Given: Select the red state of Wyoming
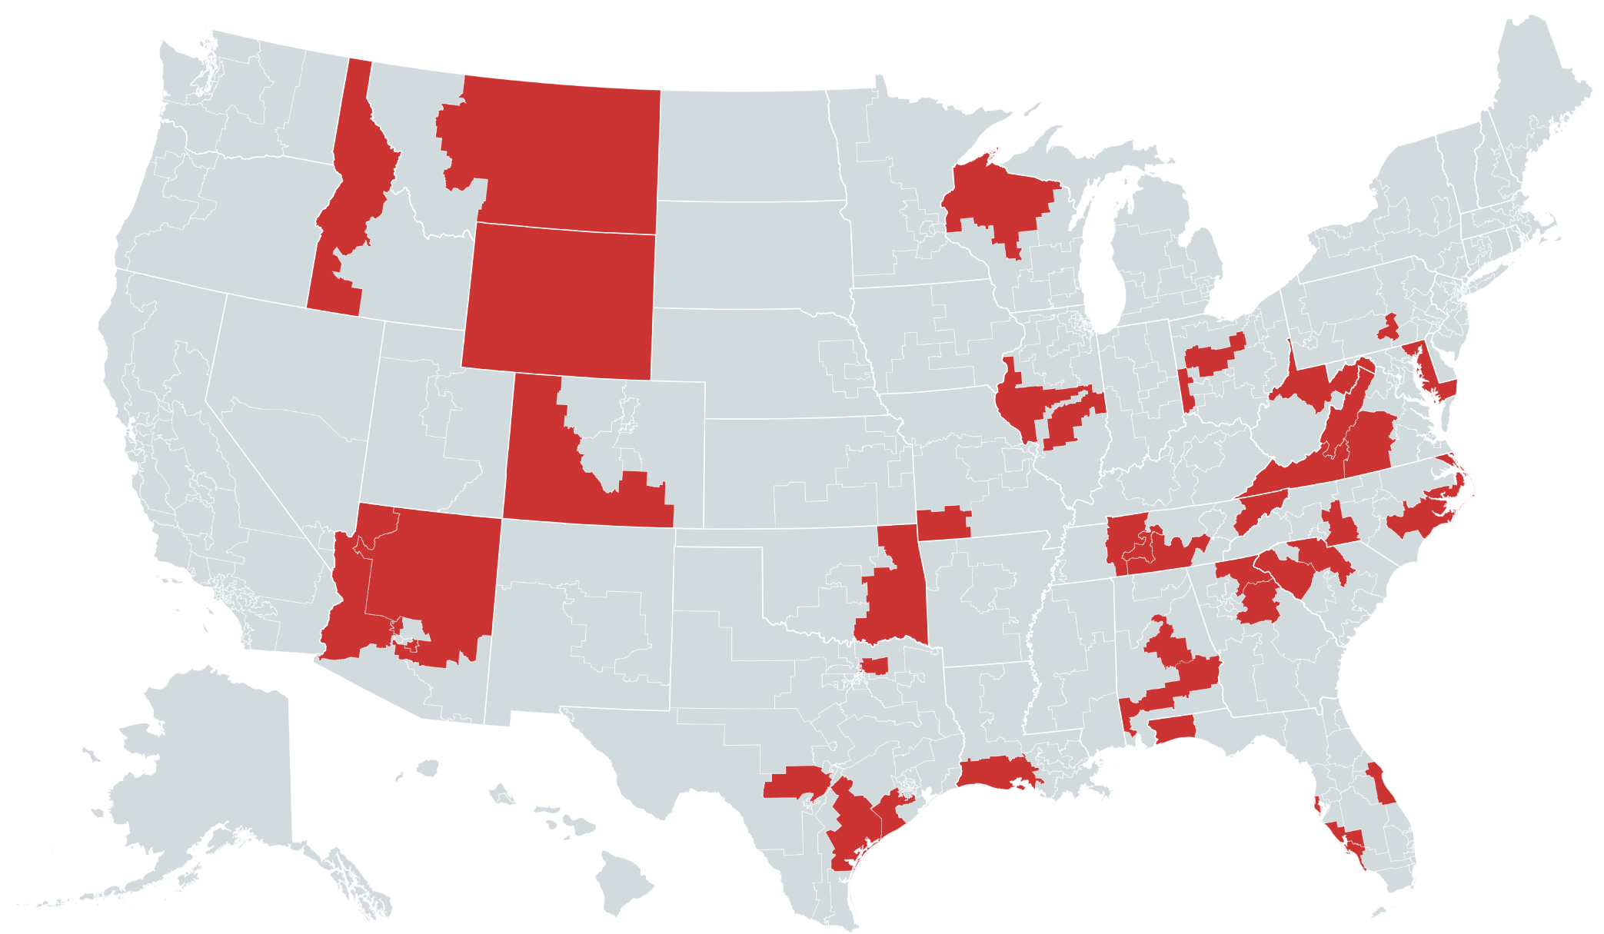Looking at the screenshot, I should [x=560, y=300].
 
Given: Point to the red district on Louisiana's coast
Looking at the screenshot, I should [x=996, y=773].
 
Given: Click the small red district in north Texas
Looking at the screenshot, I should [x=874, y=665].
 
